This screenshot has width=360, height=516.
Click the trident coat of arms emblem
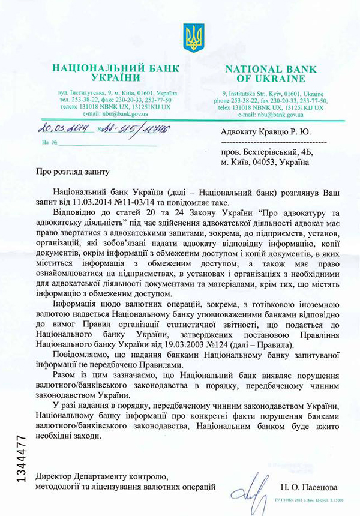[x=194, y=38]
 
